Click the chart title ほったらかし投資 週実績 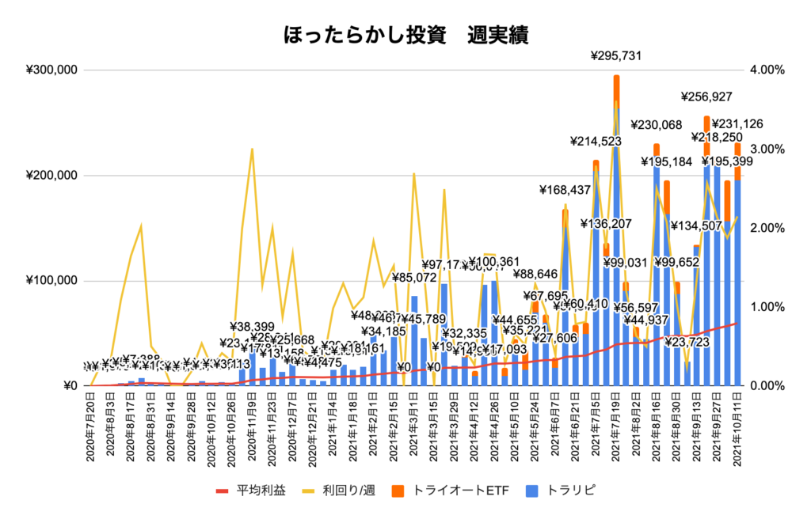point(405,36)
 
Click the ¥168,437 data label point(565,189)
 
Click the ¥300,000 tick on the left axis point(51,70)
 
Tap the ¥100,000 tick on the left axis point(51,281)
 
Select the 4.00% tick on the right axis point(767,70)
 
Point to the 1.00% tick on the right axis point(767,307)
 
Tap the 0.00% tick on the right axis point(767,386)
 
